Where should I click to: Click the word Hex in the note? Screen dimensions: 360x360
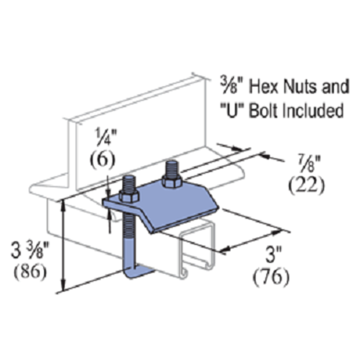(265, 86)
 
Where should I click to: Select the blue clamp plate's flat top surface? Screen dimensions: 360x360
(176, 203)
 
